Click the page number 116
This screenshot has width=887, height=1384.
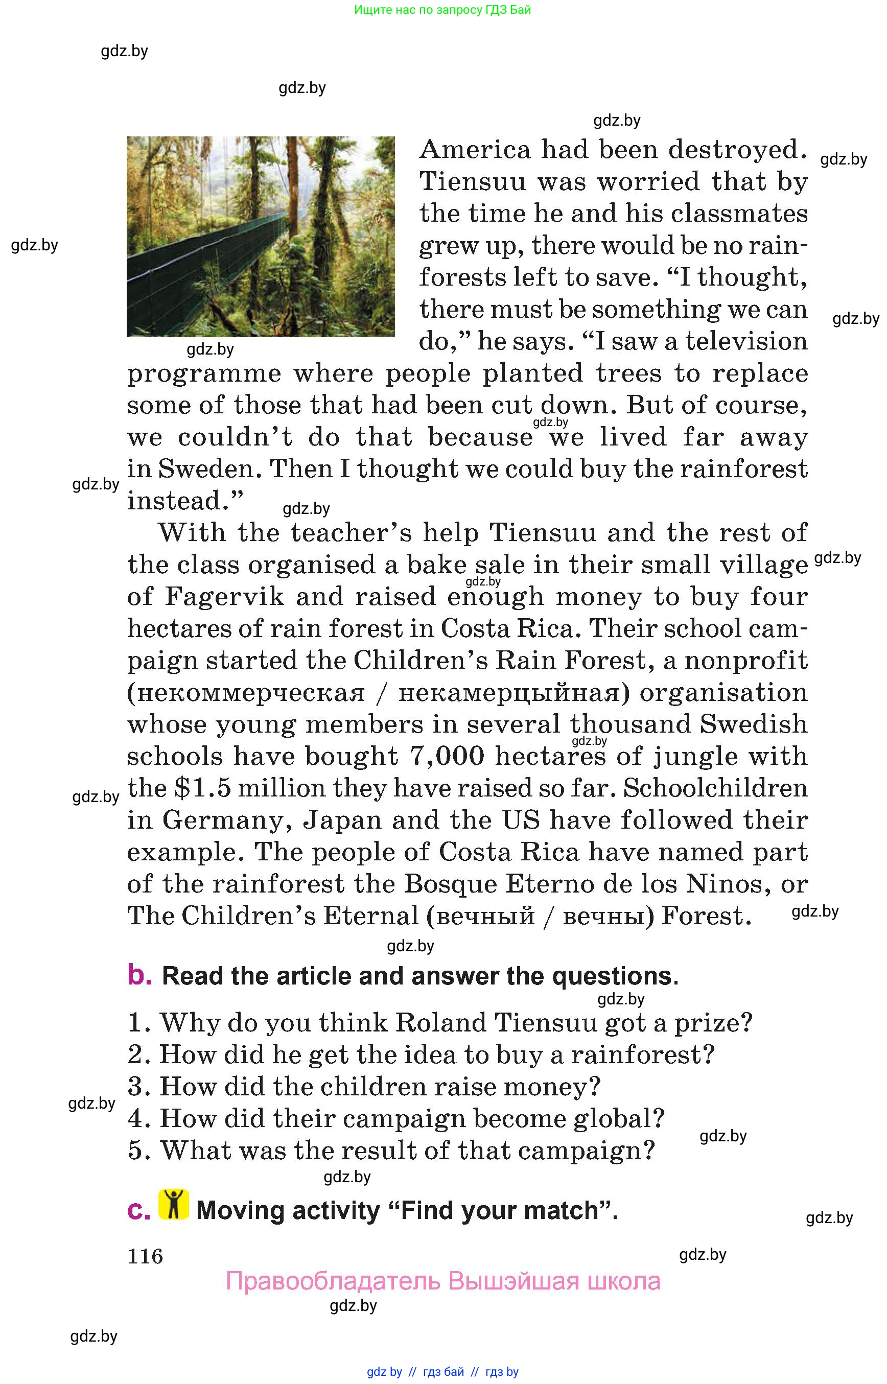[x=145, y=1256]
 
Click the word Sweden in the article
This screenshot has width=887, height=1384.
[x=205, y=469]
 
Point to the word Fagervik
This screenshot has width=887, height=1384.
[x=225, y=597]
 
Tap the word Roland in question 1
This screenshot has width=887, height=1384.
[x=440, y=1023]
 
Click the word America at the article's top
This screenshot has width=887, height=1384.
[x=475, y=150]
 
